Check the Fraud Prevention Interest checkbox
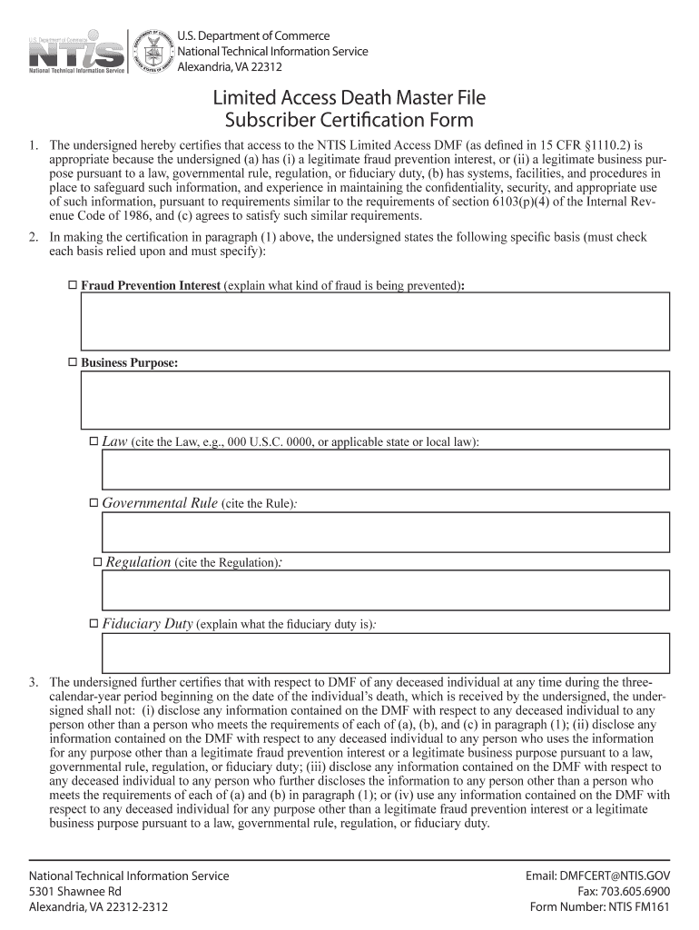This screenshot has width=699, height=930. click(74, 286)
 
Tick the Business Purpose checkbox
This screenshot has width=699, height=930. click(74, 363)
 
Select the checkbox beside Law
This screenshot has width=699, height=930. click(94, 441)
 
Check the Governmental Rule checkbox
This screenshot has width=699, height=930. click(94, 502)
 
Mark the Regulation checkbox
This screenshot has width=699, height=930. click(98, 563)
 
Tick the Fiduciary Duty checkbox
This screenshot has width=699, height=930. click(94, 624)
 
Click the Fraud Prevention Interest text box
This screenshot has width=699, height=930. click(375, 321)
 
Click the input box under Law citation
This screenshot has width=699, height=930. click(386, 470)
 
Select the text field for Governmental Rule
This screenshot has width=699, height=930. click(386, 531)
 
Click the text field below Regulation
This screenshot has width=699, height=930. click(386, 590)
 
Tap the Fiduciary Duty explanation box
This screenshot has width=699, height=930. click(386, 653)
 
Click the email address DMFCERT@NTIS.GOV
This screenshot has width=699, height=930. click(597, 876)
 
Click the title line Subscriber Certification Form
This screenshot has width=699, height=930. click(349, 120)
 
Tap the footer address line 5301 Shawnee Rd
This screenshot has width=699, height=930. click(75, 892)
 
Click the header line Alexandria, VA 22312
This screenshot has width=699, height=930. click(230, 67)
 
